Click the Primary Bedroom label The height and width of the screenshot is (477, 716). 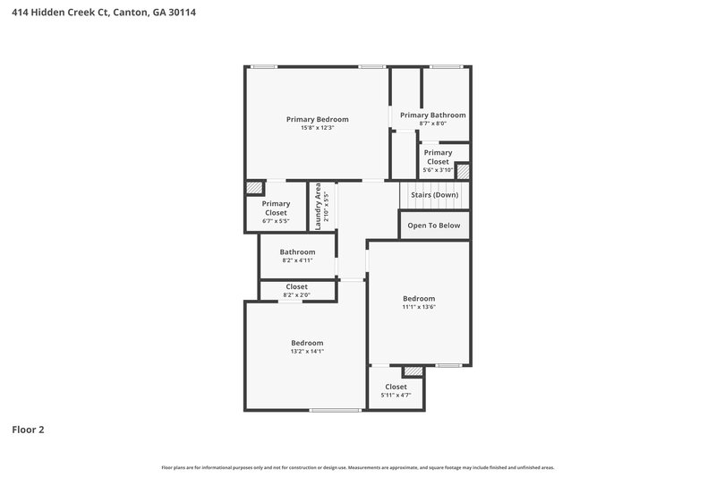point(317,119)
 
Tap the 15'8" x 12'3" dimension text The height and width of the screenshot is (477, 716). point(317,128)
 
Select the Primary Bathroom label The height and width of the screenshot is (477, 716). point(432,115)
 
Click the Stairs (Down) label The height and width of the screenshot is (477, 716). point(434,195)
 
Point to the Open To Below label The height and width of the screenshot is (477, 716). point(434,226)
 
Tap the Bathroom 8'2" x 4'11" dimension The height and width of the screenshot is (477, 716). point(297,261)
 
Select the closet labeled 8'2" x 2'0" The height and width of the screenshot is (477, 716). point(296,294)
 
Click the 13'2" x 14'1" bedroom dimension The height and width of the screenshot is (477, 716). point(307,352)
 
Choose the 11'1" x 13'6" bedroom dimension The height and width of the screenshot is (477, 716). point(419,307)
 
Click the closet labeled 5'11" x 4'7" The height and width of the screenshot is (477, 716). point(396,395)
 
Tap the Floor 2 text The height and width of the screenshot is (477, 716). point(28,430)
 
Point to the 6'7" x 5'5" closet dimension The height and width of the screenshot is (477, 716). point(276,220)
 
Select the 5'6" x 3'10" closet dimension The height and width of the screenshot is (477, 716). point(438,170)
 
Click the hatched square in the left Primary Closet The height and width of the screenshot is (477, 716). point(255,189)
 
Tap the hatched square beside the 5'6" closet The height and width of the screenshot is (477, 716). point(464,170)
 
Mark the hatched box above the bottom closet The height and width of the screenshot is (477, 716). point(413,371)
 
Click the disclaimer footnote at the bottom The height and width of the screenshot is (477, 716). point(358,467)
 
